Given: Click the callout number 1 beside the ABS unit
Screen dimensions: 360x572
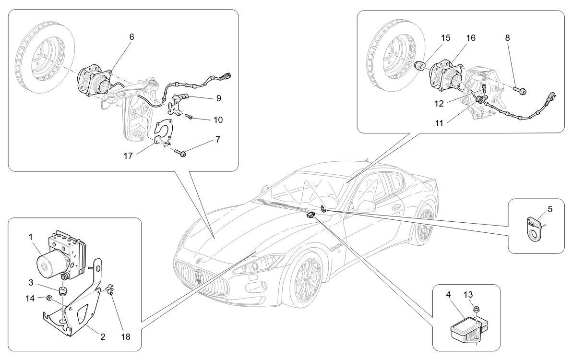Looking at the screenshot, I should point(30,237).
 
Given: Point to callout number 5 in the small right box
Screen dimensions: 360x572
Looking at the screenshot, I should point(550,209).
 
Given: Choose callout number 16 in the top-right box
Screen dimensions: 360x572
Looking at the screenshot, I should point(470,38).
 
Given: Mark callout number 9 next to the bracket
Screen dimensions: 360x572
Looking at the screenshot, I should point(218,98).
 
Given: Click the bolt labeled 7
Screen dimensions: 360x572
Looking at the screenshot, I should point(183,153).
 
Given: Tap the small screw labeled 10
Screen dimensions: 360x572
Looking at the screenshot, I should point(191,117).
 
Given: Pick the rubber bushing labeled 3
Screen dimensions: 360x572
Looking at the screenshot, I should point(61,292).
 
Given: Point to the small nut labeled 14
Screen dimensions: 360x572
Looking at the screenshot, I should point(49,299).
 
